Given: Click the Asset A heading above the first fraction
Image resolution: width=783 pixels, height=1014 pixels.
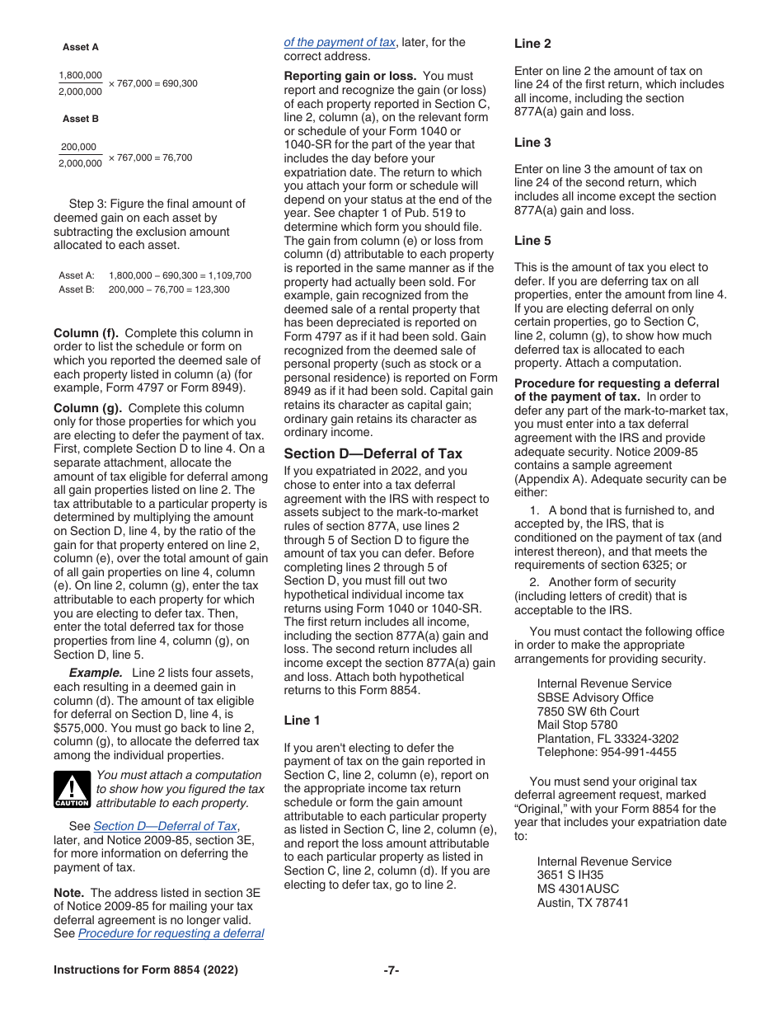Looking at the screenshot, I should click(81, 48).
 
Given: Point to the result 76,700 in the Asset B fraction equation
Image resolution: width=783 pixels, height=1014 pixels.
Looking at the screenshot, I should click(175, 157).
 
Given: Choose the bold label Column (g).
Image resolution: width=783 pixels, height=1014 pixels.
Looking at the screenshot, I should click(87, 408).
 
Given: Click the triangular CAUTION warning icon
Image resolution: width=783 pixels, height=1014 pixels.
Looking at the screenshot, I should click(72, 790).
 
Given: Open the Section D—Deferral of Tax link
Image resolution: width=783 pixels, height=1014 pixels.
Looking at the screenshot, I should click(165, 826).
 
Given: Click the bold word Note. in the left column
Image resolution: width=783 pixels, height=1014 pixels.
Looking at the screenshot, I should click(69, 893).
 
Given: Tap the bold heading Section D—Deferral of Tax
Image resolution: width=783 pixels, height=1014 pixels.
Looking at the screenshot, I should click(373, 453).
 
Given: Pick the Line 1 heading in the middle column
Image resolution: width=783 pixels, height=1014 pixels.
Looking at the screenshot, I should click(302, 721).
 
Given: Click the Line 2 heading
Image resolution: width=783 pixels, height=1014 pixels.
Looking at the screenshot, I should click(532, 44).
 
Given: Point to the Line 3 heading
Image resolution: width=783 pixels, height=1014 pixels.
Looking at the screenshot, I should click(532, 143).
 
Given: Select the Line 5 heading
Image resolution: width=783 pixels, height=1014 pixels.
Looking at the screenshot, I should click(532, 241).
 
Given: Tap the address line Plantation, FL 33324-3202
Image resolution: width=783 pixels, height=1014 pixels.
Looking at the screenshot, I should click(607, 739).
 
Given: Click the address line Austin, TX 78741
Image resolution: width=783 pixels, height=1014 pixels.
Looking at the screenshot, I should click(583, 903).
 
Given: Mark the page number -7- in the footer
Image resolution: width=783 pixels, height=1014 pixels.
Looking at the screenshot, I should click(391, 970).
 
